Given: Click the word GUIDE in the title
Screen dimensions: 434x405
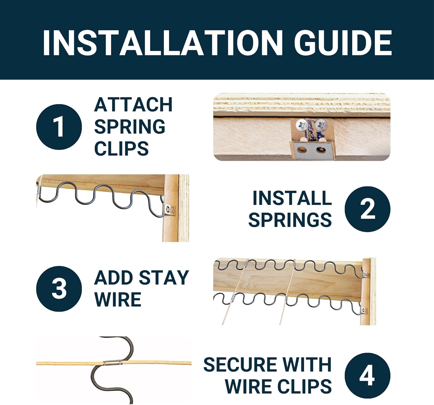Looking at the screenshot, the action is pyautogui.click(x=343, y=43).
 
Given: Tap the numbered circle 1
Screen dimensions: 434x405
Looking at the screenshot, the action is pyautogui.click(x=59, y=127).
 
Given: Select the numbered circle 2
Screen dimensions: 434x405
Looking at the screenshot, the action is pyautogui.click(x=367, y=209).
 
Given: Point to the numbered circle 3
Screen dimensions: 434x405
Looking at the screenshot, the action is pyautogui.click(x=59, y=289).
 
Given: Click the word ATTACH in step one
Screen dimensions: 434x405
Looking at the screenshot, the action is pyautogui.click(x=133, y=105).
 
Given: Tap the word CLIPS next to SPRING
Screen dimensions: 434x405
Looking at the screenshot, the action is pyautogui.click(x=122, y=148).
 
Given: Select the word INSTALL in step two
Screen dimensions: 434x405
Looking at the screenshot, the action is pyautogui.click(x=292, y=198).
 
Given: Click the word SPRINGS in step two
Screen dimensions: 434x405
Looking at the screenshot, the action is pyautogui.click(x=290, y=220).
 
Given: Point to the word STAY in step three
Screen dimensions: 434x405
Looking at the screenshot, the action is pyautogui.click(x=164, y=277).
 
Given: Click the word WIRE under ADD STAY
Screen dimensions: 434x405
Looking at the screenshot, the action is pyautogui.click(x=118, y=299).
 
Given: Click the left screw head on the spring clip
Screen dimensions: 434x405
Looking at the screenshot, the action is pyautogui.click(x=301, y=125).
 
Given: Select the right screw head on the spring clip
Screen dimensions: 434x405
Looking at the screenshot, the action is pyautogui.click(x=321, y=125).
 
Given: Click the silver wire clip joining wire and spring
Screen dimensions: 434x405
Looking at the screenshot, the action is pyautogui.click(x=113, y=363).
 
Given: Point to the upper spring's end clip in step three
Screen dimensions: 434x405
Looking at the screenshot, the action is pyautogui.click(x=366, y=274).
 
